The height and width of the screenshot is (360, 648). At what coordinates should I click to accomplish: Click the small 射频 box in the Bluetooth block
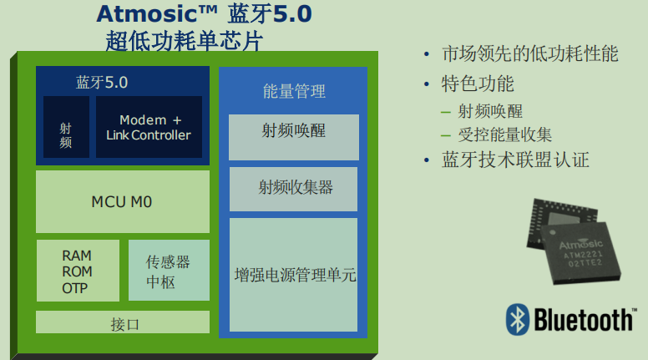coord(66,127)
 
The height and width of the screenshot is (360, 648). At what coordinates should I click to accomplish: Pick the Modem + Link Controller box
coord(149,127)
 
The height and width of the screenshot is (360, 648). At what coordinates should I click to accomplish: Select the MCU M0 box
coord(122,201)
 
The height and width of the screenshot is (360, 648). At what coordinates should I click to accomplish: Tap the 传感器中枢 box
coord(168,271)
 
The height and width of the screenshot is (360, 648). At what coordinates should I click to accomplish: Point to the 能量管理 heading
coord(294,91)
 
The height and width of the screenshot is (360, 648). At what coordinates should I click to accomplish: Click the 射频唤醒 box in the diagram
coord(293,132)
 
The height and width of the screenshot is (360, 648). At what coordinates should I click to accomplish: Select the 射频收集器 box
coord(294,187)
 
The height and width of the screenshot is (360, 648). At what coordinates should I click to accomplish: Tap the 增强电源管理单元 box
coord(294,274)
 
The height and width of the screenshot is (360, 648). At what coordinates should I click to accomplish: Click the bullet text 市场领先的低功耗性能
coord(530,54)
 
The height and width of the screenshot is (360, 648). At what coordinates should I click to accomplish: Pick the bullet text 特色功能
coord(478,84)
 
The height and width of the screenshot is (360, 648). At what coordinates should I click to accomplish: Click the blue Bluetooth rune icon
coord(518,320)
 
